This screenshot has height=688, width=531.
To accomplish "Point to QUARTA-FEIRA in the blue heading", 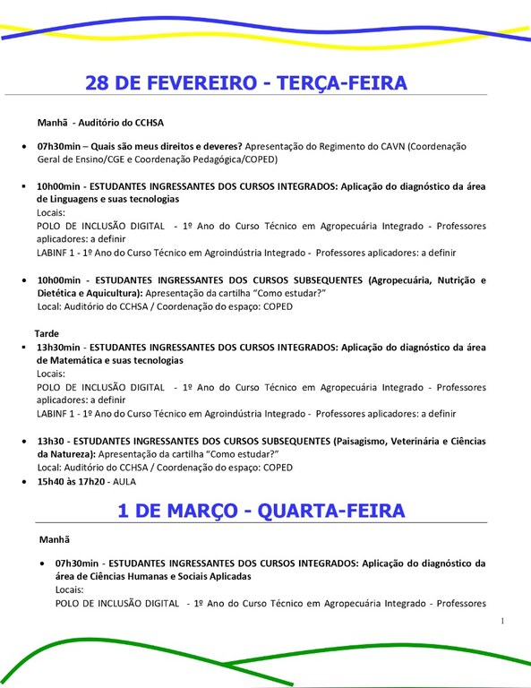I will pos(331,511).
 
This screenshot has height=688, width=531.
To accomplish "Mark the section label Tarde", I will pos(47,332).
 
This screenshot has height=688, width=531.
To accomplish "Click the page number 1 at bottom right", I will pos(503,621).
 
